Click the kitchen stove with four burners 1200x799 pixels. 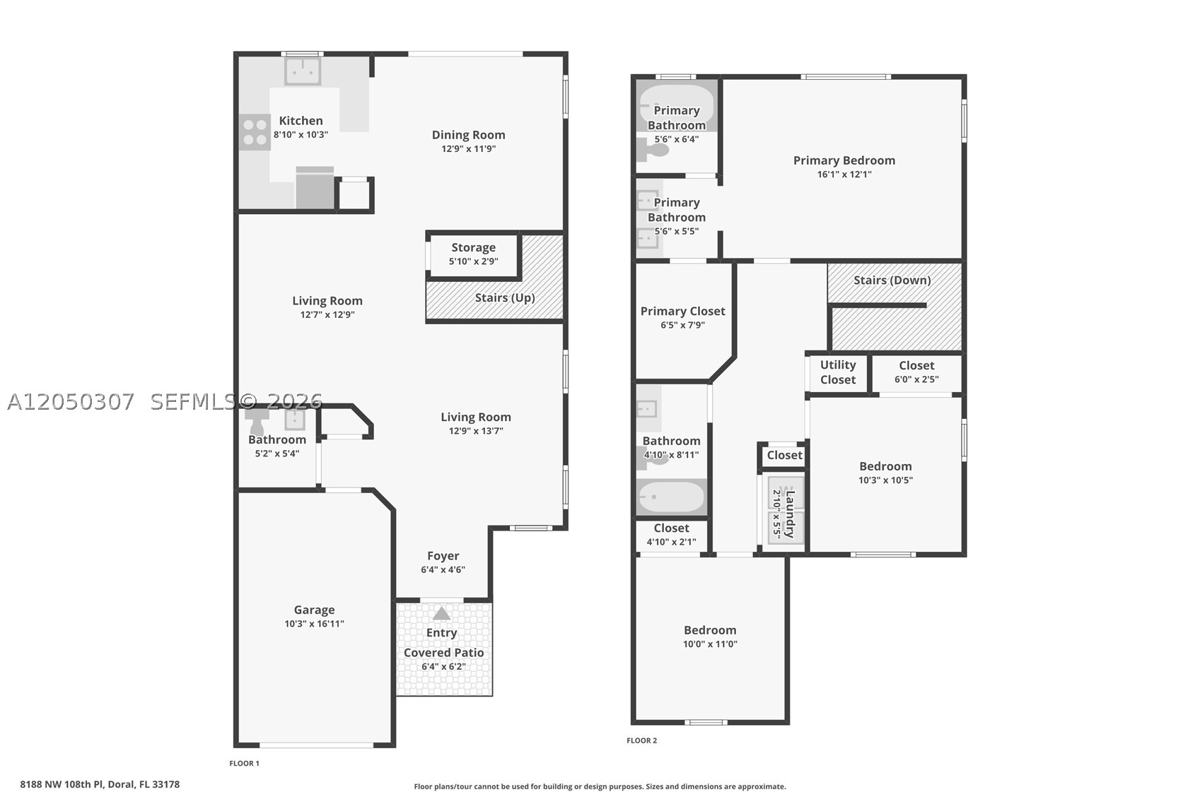[x=255, y=132]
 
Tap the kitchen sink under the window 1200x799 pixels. [x=303, y=71]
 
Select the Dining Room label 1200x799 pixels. [x=468, y=135]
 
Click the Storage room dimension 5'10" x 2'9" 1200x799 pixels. [x=474, y=261]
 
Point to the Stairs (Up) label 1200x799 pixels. [x=505, y=297]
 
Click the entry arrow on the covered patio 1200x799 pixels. [x=441, y=613]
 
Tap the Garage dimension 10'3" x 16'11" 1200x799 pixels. [x=314, y=624]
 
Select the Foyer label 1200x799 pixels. [x=443, y=556]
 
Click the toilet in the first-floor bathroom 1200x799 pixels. [x=257, y=421]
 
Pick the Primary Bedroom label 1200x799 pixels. [x=844, y=160]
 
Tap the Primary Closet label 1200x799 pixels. [x=682, y=312]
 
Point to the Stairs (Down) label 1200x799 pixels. [x=892, y=280]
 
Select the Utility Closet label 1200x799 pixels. [x=838, y=372]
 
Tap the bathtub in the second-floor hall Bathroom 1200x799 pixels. [x=672, y=497]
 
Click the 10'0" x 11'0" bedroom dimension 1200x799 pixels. [x=710, y=644]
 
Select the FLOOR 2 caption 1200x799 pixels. [x=642, y=740]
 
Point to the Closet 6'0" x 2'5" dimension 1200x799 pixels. [x=916, y=379]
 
